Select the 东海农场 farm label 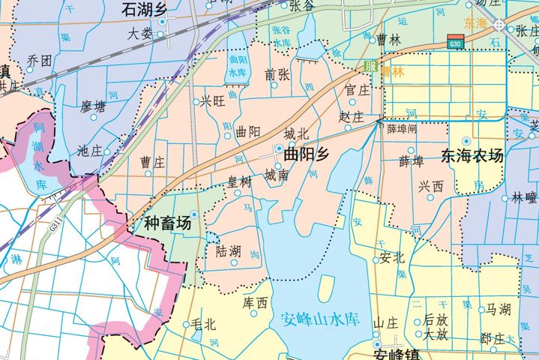472,157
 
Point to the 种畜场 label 162,223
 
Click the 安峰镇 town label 398,355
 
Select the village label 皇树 240,181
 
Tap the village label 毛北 203,325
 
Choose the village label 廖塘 93,106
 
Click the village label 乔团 39,60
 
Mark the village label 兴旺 212,101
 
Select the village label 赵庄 351,118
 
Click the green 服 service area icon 370,66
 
